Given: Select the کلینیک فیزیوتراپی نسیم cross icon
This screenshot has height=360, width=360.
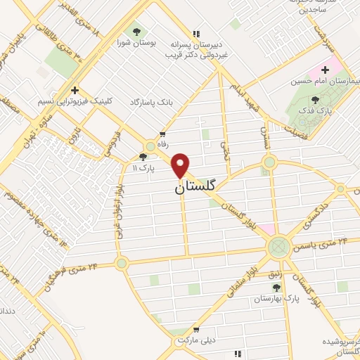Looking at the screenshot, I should (x=75, y=90).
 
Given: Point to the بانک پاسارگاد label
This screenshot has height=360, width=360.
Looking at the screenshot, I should (x=150, y=103).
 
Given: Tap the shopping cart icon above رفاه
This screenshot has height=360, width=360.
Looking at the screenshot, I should (x=163, y=134).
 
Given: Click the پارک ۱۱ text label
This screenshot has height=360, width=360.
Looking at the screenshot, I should (x=142, y=169).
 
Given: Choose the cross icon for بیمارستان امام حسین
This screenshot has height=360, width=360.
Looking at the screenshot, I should (x=325, y=70).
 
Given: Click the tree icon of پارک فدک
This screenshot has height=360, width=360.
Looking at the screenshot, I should (x=314, y=100).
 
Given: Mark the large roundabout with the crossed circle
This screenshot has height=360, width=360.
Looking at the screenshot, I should (x=279, y=246).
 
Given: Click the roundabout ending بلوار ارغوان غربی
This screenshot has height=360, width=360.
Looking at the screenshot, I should (x=122, y=264).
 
